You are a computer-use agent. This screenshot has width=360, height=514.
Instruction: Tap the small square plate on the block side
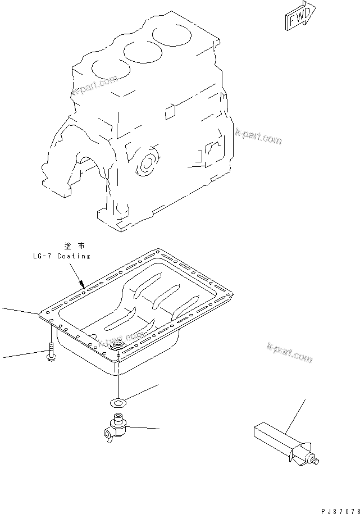pyautogui.click(x=171, y=112)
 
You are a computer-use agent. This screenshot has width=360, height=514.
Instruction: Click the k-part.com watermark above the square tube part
pyautogui.click(x=290, y=353)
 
